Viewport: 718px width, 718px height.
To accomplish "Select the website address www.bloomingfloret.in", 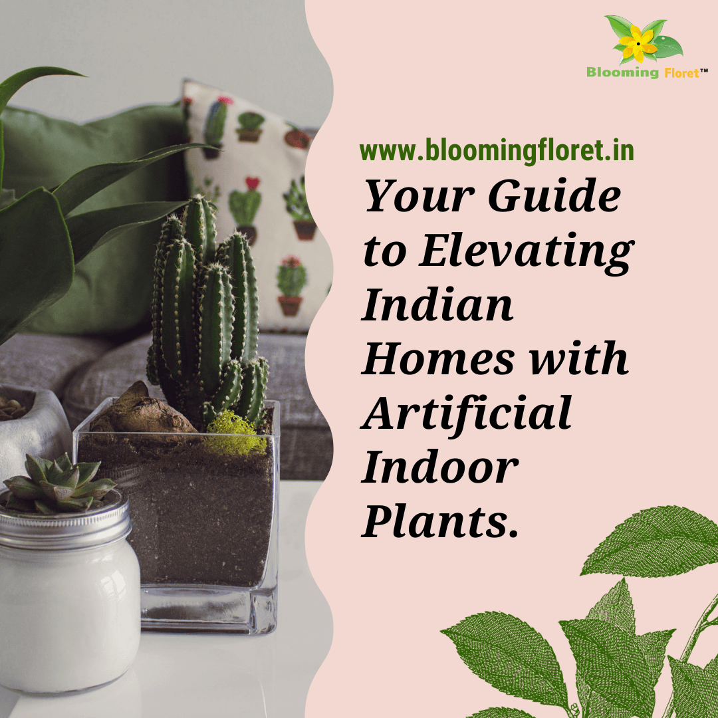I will (x=497, y=151).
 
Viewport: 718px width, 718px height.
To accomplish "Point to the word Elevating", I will (x=525, y=252).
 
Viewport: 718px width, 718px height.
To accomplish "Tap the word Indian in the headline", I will (x=437, y=305).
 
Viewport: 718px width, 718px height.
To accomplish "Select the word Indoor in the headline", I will (x=439, y=466).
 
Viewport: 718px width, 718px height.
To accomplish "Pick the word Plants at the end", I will (x=439, y=520).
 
